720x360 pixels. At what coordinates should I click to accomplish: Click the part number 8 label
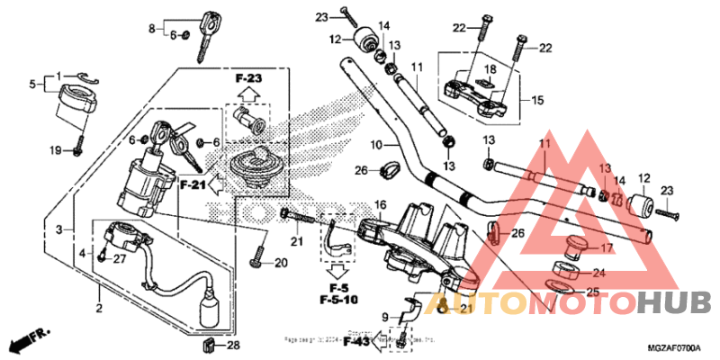[x=152, y=28]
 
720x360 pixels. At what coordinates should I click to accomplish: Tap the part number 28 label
[x=233, y=345]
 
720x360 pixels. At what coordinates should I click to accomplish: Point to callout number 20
[x=280, y=263]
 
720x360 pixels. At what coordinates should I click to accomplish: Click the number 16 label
[x=381, y=205]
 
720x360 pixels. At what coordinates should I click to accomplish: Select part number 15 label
[x=538, y=100]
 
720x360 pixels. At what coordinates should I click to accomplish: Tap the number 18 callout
[x=490, y=70]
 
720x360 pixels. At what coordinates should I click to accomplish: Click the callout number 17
[x=607, y=248]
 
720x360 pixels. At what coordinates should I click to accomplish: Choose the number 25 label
[x=591, y=292]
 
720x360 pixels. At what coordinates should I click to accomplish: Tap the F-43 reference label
[x=356, y=342]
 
